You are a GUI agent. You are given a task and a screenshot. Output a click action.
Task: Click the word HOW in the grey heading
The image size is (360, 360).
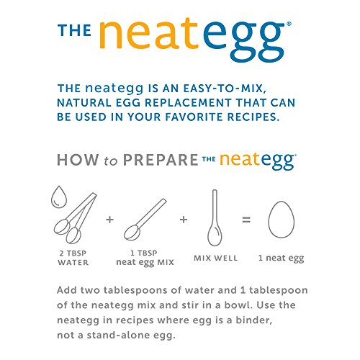(x=77, y=160)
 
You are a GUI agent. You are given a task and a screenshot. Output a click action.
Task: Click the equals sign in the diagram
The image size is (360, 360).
(x=246, y=217)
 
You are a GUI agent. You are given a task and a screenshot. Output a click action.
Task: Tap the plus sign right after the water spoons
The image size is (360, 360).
(x=109, y=217)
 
